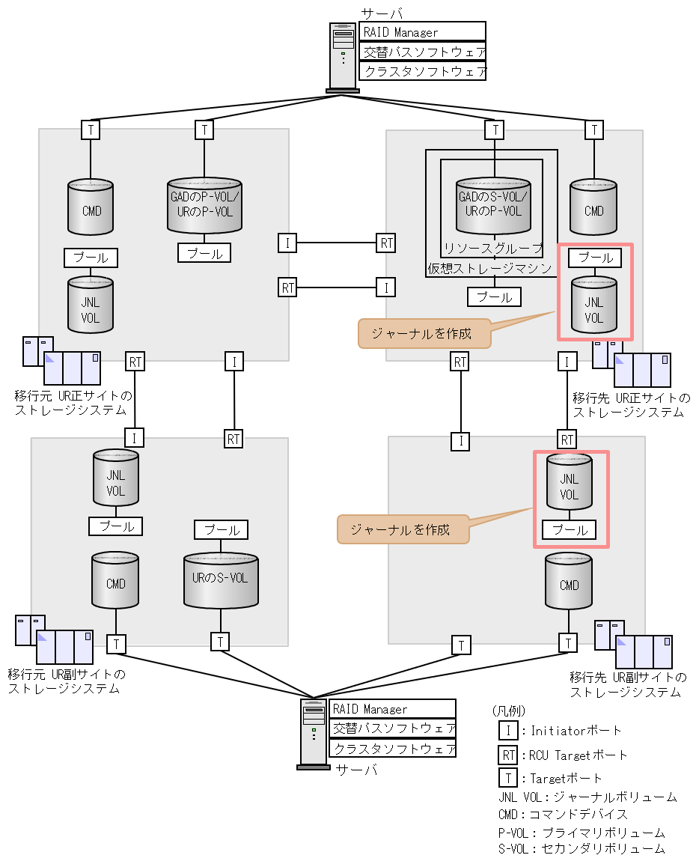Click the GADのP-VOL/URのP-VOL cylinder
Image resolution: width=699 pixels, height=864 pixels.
[204, 205]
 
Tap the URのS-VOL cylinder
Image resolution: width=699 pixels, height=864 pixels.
[221, 579]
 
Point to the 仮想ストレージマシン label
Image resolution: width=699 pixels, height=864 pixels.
[489, 268]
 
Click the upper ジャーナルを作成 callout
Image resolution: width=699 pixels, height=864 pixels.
[424, 334]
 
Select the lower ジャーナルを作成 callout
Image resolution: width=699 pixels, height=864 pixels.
[403, 529]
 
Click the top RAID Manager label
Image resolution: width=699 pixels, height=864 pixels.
[422, 32]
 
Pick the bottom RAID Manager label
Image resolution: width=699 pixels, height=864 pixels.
[392, 709]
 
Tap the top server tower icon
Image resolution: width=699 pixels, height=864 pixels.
[343, 57]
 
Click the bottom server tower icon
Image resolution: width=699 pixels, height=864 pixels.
[314, 734]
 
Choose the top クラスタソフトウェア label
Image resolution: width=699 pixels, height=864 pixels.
[422, 71]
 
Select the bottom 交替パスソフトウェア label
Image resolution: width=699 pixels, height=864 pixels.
[392, 728]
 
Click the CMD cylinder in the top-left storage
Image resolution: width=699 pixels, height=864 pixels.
[91, 210]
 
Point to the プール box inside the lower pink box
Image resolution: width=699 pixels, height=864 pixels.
[569, 530]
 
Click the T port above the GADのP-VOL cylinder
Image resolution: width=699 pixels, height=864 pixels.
[204, 130]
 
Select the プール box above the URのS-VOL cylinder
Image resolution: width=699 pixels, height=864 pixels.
[221, 530]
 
